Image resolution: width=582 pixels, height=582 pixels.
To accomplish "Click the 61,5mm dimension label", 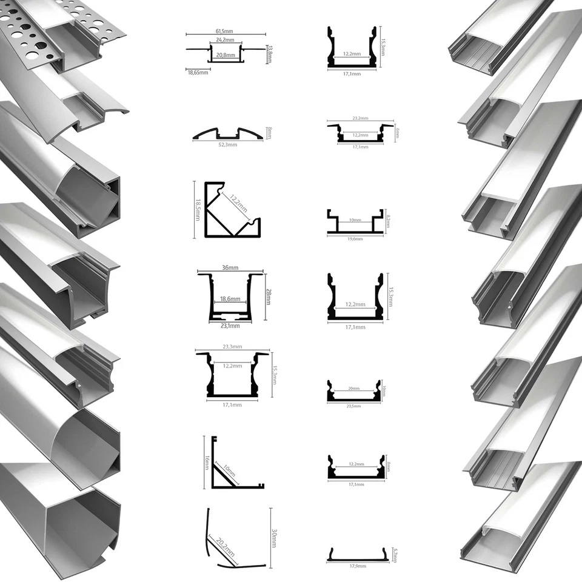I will tap(226, 30).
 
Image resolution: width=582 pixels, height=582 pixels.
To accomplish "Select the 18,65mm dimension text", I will tap(198, 73).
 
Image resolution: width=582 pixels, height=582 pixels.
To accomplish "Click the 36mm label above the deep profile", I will tap(230, 268).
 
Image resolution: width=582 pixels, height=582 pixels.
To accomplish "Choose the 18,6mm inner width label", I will tap(230, 299).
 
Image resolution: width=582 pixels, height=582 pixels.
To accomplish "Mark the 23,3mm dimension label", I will tap(232, 347).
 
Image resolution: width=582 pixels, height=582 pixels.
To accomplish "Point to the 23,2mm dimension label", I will tap(360, 119).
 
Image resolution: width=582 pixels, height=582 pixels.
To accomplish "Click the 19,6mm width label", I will tap(355, 239).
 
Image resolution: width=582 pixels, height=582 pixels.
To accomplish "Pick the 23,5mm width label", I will tap(355, 407).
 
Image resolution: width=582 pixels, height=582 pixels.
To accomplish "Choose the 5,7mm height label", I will tap(395, 554).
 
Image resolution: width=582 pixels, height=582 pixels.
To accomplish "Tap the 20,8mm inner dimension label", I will tap(225, 54).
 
